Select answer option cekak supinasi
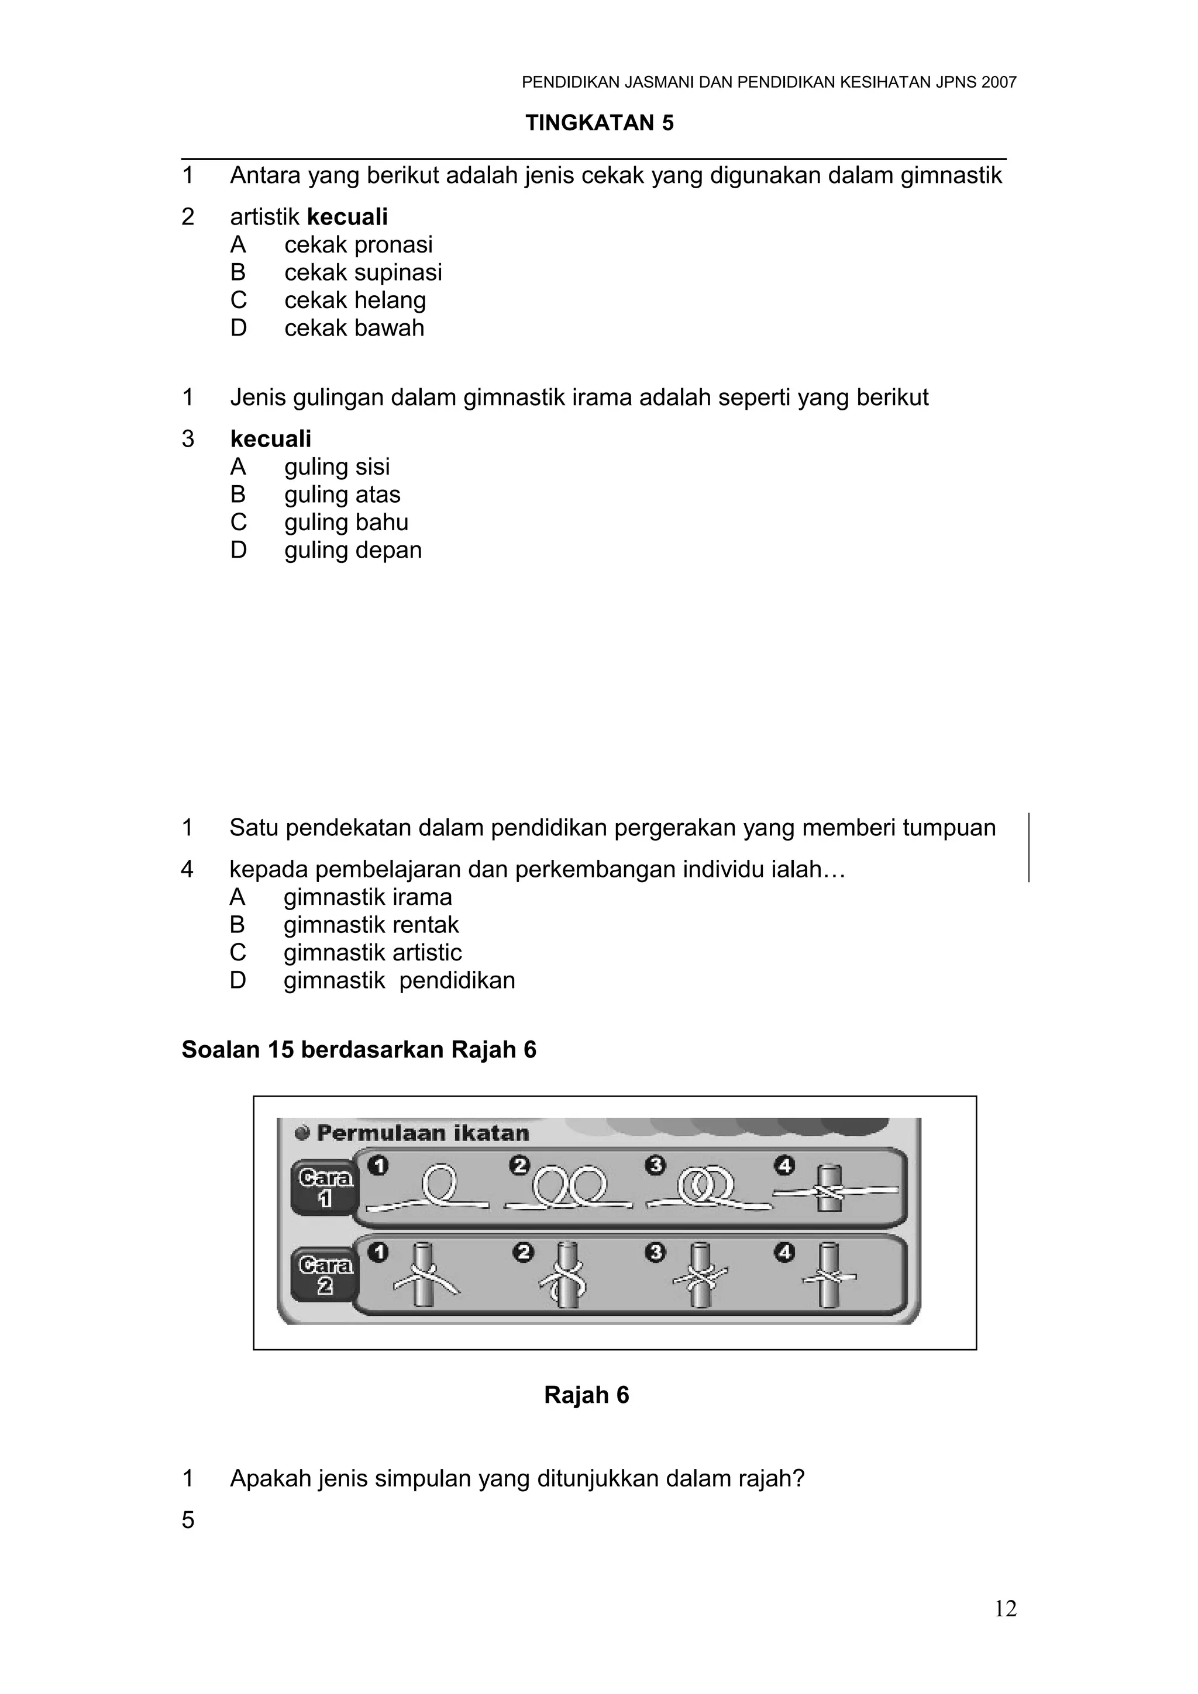coord(363,272)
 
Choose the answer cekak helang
coord(355,300)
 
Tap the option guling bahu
coord(346,523)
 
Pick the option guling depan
coord(353,551)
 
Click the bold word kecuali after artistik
coord(347,217)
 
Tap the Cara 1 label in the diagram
coord(325,1188)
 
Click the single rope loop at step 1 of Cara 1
coord(439,1185)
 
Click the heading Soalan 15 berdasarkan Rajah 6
coord(359,1049)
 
